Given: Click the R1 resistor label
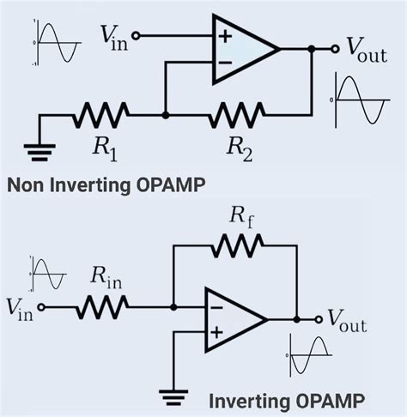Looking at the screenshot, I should click(106, 149).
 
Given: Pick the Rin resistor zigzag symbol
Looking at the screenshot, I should click(104, 305).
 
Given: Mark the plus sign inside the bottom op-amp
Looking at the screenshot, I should click(216, 331).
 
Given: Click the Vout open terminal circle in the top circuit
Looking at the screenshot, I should click(325, 49).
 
